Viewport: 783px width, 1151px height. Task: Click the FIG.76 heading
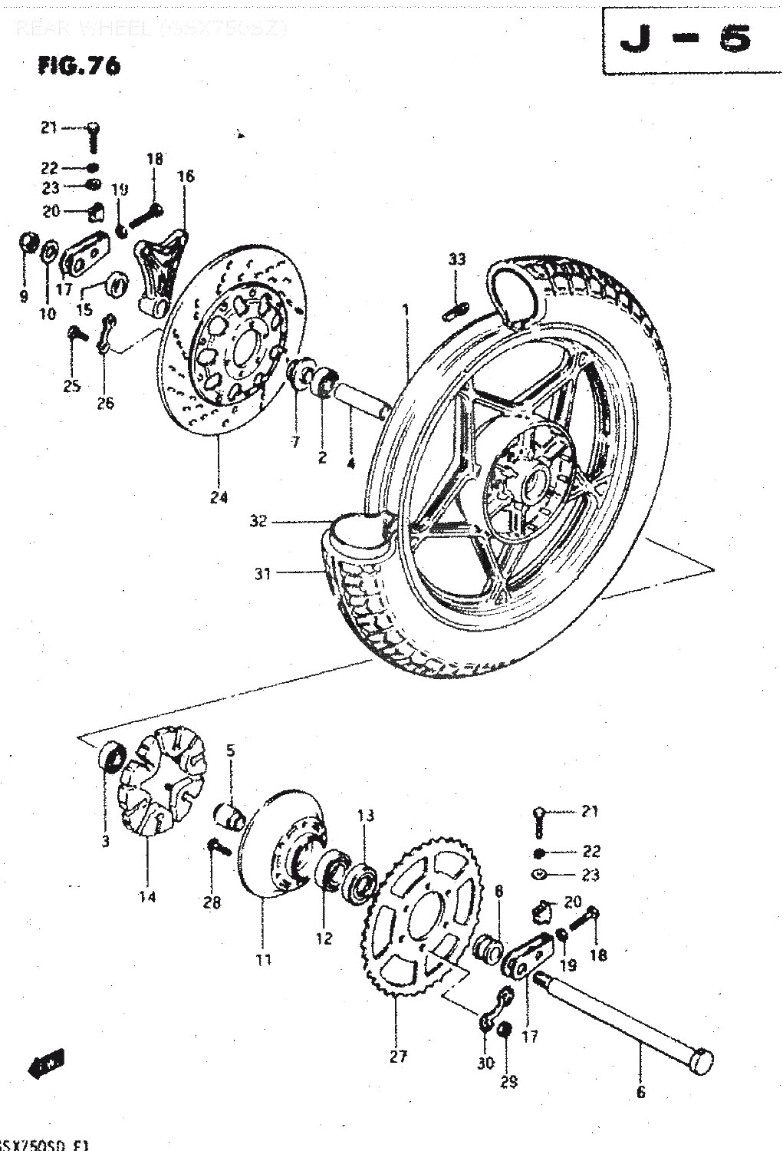[79, 66]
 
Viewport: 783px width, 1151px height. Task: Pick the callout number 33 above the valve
[456, 259]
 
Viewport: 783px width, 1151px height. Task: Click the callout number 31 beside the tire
[263, 573]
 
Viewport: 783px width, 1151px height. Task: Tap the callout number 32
[258, 521]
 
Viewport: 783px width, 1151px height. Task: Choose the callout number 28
[212, 902]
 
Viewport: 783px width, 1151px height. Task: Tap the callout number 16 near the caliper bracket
[186, 176]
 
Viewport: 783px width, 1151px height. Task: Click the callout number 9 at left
[23, 295]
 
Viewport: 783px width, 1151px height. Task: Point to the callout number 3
[105, 841]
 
